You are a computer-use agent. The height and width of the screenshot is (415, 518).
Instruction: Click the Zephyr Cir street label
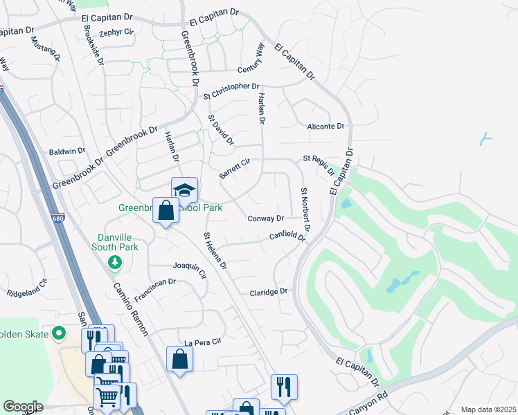(x=115, y=33)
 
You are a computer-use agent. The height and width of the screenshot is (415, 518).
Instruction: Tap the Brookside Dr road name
(x=92, y=46)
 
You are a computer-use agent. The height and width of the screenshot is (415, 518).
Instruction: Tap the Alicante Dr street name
(x=325, y=126)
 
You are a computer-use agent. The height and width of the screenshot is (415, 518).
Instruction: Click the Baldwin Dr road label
(x=66, y=150)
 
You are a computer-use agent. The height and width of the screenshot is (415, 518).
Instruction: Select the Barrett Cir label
(x=233, y=168)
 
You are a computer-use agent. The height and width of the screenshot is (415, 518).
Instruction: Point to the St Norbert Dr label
(x=305, y=208)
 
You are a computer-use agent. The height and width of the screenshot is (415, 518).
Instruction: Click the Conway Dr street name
(x=266, y=218)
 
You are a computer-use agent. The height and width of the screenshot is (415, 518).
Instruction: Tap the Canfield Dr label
(x=287, y=237)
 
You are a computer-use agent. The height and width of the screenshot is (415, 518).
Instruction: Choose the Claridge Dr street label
(x=268, y=292)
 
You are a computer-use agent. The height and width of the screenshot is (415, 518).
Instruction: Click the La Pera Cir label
(x=202, y=342)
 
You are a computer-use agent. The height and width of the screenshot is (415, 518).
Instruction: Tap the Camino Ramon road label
(x=130, y=309)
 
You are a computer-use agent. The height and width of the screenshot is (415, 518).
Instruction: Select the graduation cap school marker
(x=184, y=190)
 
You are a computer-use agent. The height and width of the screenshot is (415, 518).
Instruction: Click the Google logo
(x=22, y=407)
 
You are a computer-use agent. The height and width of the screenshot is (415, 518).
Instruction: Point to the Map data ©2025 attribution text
(x=488, y=409)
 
